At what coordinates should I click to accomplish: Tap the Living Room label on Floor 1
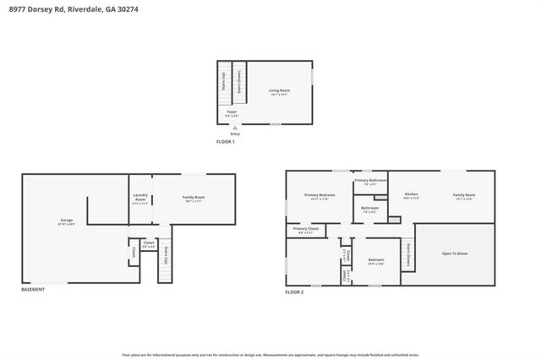click(x=280, y=91)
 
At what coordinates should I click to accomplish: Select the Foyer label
click(x=231, y=112)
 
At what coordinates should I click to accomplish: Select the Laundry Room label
click(x=140, y=199)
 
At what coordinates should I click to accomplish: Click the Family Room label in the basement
click(x=194, y=199)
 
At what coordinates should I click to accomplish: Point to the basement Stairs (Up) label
click(x=166, y=254)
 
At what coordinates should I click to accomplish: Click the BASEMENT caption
click(x=33, y=290)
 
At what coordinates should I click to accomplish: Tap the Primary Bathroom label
click(x=370, y=181)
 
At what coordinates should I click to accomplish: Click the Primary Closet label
click(x=305, y=230)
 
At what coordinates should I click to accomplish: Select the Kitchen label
click(x=411, y=196)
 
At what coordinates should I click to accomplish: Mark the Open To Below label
click(x=455, y=254)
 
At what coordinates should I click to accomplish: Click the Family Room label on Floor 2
click(x=464, y=196)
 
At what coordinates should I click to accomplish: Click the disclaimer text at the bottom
click(x=270, y=355)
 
